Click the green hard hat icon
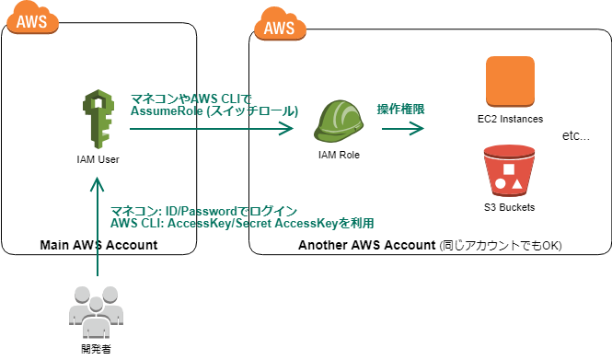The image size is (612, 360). click(339, 122)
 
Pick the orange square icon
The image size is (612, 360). click(510, 81)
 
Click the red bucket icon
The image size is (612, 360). click(509, 171)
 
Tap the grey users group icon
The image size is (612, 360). click(97, 311)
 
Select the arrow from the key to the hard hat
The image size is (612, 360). click(212, 130)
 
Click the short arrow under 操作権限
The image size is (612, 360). click(403, 129)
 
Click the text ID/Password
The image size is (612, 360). click(186, 211)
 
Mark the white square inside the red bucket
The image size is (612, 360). click(509, 169)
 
